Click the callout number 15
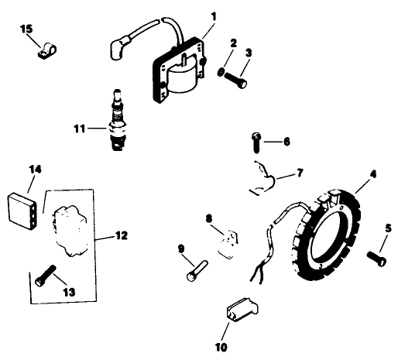tap(26, 29)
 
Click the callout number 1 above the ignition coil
tap(214, 16)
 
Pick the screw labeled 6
tap(256, 141)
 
